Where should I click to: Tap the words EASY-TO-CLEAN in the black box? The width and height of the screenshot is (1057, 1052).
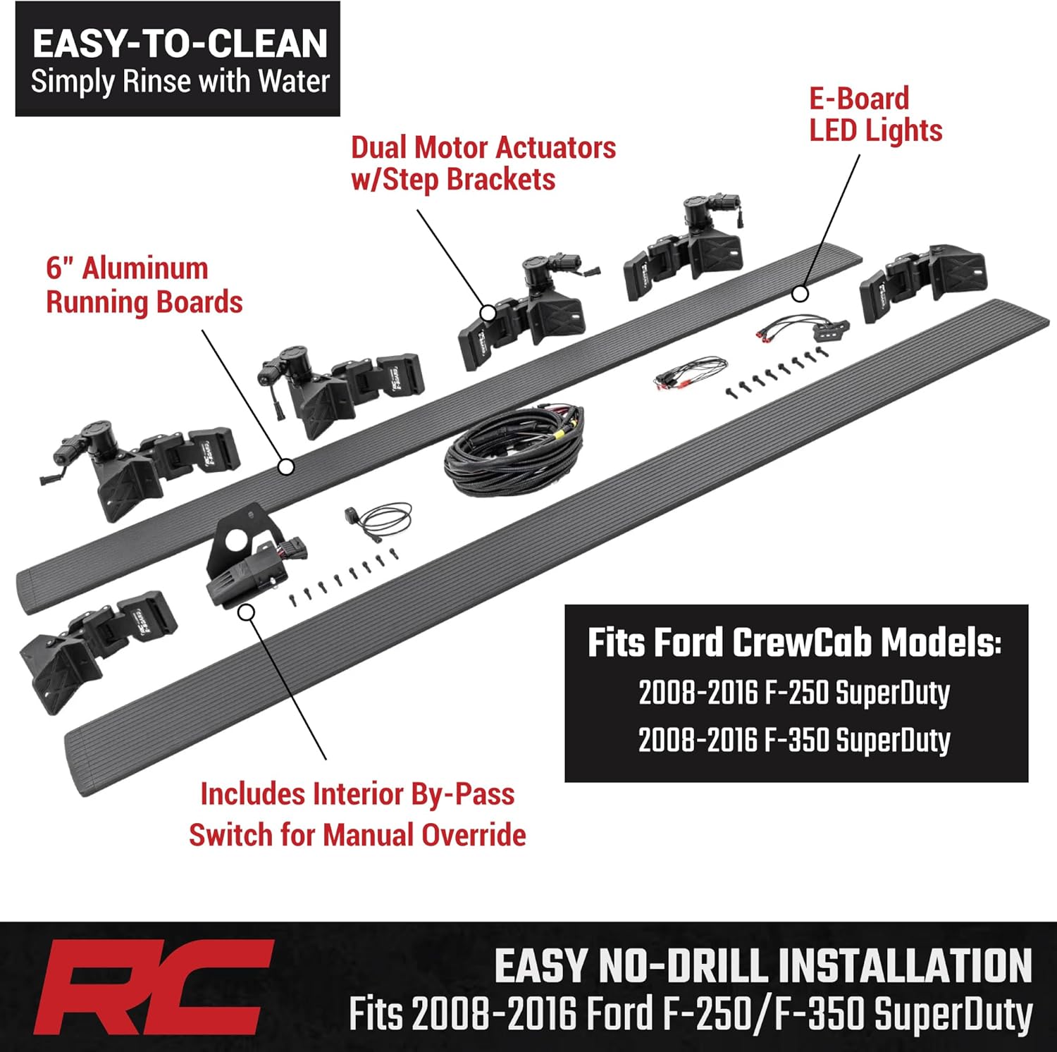(180, 44)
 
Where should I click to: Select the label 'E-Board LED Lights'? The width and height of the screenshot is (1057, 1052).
(875, 115)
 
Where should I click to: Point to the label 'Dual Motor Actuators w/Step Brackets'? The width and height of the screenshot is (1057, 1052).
(483, 163)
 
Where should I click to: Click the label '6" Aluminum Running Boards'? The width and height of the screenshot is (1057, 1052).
(144, 285)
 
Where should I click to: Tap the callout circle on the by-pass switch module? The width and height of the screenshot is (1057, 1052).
(245, 612)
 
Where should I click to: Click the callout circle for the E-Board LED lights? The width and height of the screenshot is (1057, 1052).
(798, 293)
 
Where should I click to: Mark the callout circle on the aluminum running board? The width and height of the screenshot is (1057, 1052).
(285, 466)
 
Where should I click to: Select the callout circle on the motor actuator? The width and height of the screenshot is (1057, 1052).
(488, 313)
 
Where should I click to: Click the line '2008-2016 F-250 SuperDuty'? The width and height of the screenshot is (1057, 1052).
(794, 693)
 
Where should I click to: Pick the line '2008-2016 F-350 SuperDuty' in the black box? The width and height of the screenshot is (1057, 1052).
(794, 741)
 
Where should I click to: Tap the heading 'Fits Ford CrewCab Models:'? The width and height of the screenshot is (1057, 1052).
(794, 643)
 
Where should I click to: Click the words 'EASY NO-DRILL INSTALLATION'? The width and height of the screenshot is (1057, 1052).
(762, 966)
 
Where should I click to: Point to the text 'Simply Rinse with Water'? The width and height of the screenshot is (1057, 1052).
(180, 82)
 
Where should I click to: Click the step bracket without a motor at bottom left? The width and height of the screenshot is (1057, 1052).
(99, 648)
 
